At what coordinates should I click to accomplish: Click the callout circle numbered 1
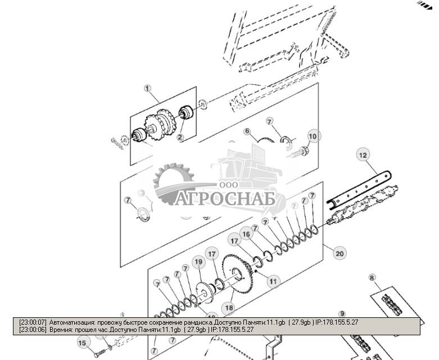coord(148,89)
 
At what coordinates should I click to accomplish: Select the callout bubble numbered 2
coord(180,137)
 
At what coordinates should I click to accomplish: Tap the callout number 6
coord(246,131)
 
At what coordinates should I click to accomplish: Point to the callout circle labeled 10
coord(313,136)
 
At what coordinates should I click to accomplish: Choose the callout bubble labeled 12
coord(363,154)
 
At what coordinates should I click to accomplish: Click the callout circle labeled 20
coord(339,253)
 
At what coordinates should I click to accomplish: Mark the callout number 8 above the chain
coord(372,277)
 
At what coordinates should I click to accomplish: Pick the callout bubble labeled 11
coord(273,280)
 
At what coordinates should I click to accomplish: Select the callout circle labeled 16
coord(246,234)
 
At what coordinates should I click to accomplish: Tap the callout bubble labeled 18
coord(228,308)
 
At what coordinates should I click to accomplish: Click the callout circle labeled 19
coord(198,262)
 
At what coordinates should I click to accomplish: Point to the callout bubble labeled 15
coord(82,343)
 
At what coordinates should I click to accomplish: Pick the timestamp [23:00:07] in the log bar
coord(33,322)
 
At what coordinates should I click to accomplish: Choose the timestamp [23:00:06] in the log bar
coord(33,330)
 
